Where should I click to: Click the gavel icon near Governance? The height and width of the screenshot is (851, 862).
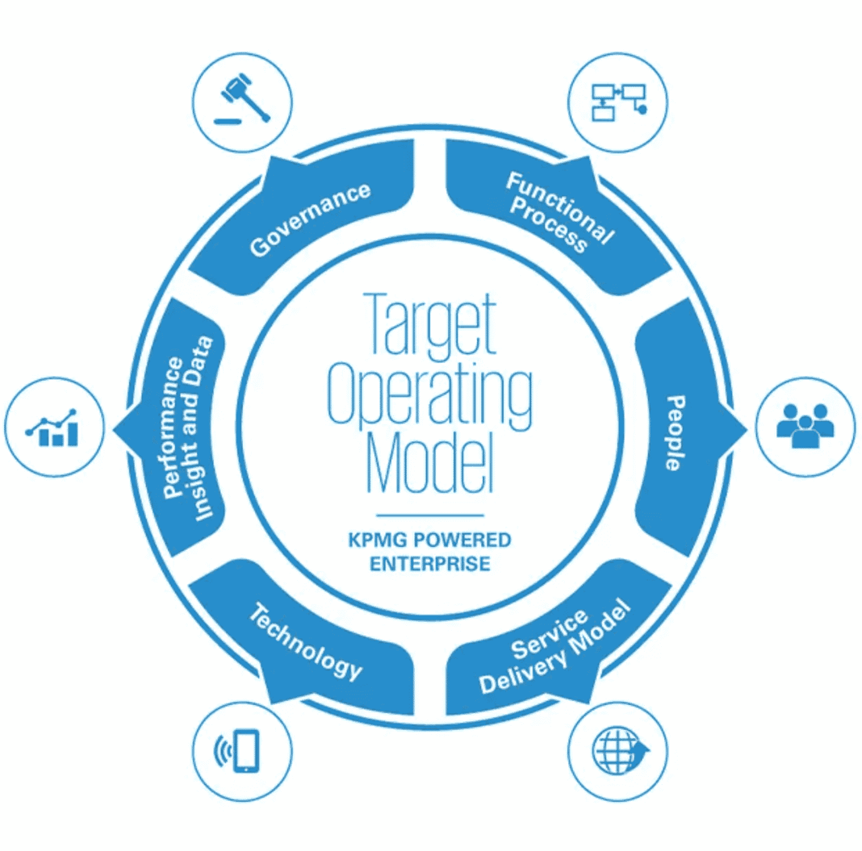244,102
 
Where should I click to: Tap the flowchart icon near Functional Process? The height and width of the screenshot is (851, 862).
618,102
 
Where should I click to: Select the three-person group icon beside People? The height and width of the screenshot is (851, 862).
804,425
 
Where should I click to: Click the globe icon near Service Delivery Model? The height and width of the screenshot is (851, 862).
618,749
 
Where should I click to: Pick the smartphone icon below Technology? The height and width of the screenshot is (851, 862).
243,750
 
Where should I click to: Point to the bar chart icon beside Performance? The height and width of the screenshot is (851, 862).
54,427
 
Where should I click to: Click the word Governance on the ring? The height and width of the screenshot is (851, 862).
311,219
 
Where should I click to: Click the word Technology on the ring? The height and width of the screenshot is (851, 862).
304,642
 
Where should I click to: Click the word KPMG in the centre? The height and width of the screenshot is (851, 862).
376,539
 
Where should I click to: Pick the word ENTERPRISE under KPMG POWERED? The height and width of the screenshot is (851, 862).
430,562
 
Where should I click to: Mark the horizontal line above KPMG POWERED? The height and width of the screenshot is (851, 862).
430,515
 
